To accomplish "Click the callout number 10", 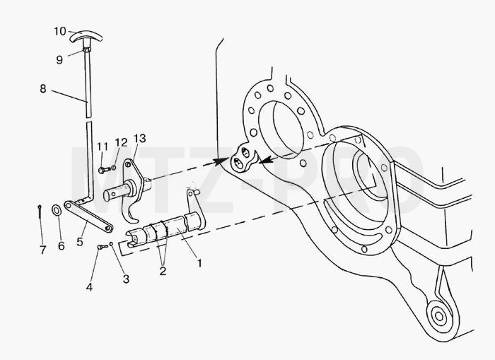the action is pyautogui.click(x=60, y=31).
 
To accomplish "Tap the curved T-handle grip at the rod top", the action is pyautogui.click(x=86, y=35).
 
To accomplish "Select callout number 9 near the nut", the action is pyautogui.click(x=59, y=59).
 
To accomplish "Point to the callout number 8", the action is pyautogui.click(x=43, y=88).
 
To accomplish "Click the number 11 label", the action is pyautogui.click(x=103, y=146).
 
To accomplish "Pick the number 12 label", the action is pyautogui.click(x=121, y=142).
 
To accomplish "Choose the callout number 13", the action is pyautogui.click(x=139, y=139).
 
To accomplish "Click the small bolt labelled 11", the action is pyautogui.click(x=105, y=170).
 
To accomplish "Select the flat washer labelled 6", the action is pyautogui.click(x=57, y=210).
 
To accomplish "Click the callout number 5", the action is pyautogui.click(x=80, y=242).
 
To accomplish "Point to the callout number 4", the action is pyautogui.click(x=89, y=287).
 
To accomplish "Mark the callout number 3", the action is pyautogui.click(x=126, y=279).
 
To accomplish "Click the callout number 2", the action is pyautogui.click(x=163, y=271).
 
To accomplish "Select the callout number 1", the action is pyautogui.click(x=199, y=262).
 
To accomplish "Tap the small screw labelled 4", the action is pyautogui.click(x=103, y=247).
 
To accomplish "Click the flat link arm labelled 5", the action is pyautogui.click(x=88, y=217).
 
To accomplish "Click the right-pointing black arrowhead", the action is pyautogui.click(x=221, y=162).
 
